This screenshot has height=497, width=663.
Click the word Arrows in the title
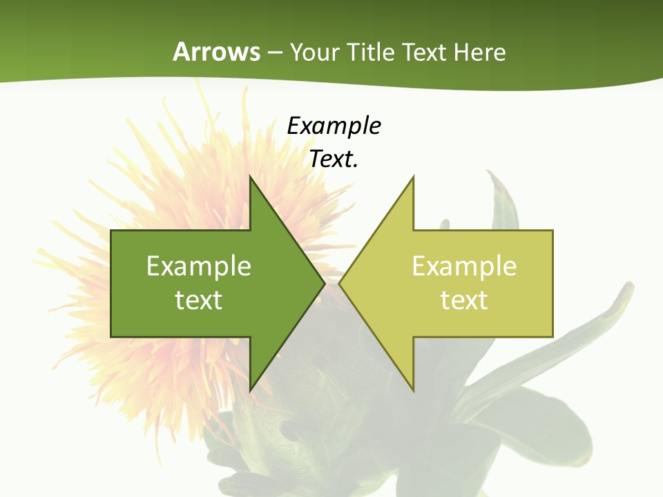coord(216,52)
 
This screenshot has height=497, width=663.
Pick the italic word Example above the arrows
coord(334,126)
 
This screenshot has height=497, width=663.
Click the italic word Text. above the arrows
coord(334,159)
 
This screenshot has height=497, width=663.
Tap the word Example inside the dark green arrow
coord(198,266)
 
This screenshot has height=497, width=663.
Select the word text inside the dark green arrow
coord(198,300)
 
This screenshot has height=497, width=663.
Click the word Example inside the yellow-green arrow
coord(464,266)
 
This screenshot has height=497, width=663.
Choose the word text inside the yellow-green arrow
coord(464,300)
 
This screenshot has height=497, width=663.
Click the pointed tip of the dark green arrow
coord(324,283)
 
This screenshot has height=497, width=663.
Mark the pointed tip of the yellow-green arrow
coord(340,283)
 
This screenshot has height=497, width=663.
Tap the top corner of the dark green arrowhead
coord(250,177)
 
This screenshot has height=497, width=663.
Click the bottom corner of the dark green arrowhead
coord(250,390)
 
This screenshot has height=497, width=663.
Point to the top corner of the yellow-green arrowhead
coord(413,177)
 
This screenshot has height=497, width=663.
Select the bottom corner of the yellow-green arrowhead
coord(413,390)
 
